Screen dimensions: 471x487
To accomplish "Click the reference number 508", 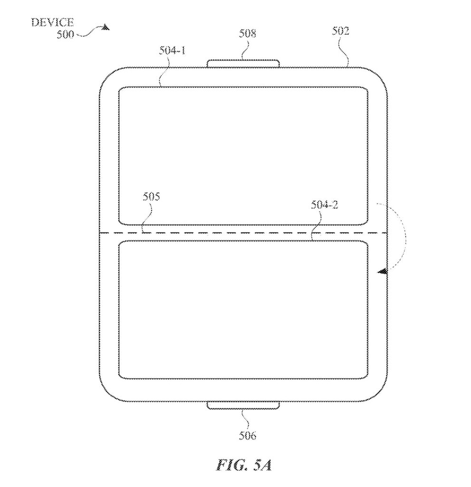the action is pyautogui.click(x=248, y=33).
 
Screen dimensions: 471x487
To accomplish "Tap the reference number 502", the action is pyautogui.click(x=341, y=31).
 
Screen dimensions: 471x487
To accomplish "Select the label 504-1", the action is pyautogui.click(x=173, y=50).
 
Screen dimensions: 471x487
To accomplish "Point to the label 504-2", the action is pyautogui.click(x=325, y=205).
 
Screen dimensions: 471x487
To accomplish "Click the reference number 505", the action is pyautogui.click(x=151, y=196).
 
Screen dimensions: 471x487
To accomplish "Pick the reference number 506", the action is pyautogui.click(x=248, y=436).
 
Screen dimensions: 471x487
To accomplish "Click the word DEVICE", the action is pyautogui.click(x=52, y=22).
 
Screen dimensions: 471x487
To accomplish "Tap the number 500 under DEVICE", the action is pyautogui.click(x=65, y=34).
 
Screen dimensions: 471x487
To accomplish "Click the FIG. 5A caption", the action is pyautogui.click(x=244, y=465).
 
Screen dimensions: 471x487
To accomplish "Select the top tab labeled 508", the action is pyautogui.click(x=243, y=64).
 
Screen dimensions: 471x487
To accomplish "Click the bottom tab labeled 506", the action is pyautogui.click(x=243, y=405).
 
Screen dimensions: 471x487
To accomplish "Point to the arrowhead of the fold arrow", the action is pyautogui.click(x=382, y=272).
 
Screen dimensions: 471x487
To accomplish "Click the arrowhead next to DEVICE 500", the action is pyautogui.click(x=106, y=27).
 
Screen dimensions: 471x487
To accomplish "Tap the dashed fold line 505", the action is pyautogui.click(x=243, y=233).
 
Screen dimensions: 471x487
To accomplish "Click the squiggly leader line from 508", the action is pyautogui.click(x=246, y=49).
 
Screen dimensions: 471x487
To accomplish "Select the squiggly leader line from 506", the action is pyautogui.click(x=246, y=420).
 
